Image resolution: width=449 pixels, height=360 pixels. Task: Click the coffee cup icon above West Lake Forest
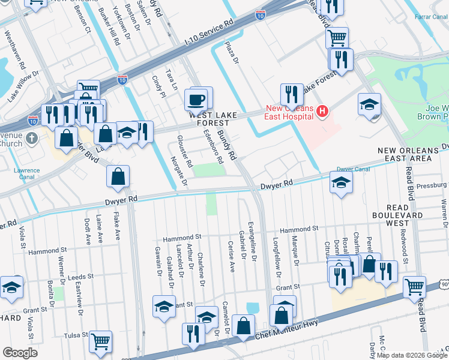pyautogui.click(x=197, y=99)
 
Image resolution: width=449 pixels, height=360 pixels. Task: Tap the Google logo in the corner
pyautogui.click(x=20, y=353)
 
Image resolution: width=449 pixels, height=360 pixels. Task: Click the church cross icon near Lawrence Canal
pyautogui.click(x=32, y=139)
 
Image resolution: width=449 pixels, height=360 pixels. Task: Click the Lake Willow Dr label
pyautogui.click(x=23, y=87)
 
